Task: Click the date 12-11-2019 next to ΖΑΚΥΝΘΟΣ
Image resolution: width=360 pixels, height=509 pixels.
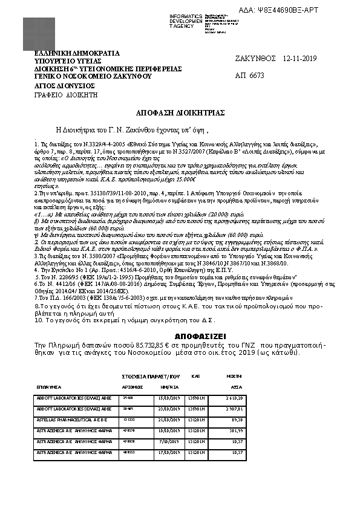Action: coord(299,59)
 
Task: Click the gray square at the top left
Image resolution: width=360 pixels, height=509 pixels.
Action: coord(38,33)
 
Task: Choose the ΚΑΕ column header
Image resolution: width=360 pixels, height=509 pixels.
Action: coord(195,376)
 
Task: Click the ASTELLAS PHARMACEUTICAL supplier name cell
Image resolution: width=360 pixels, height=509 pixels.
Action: coord(71,418)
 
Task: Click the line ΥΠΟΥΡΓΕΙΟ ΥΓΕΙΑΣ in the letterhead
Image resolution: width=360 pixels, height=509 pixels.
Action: coord(68,61)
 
